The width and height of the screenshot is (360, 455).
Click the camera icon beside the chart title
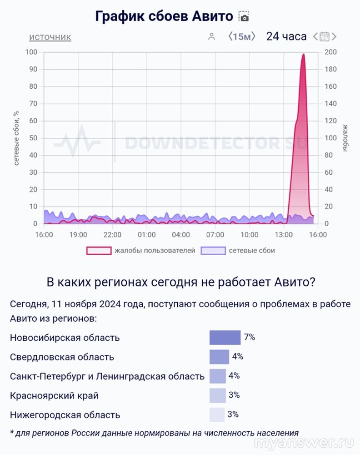pyautogui.click(x=244, y=17)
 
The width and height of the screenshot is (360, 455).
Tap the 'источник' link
pyautogui.click(x=50, y=37)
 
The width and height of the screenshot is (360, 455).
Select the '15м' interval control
pyautogui.click(x=242, y=36)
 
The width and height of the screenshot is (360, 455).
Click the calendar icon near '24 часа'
pyautogui.click(x=325, y=36)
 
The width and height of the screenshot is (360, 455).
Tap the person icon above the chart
pyautogui.click(x=211, y=37)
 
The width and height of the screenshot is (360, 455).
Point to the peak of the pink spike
pyautogui.click(x=303, y=55)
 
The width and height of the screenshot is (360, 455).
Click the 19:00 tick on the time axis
pyautogui.click(x=78, y=235)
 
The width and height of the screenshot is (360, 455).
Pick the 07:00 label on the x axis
pyautogui.click(x=215, y=235)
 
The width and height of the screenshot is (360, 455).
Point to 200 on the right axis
pyautogui.click(x=331, y=52)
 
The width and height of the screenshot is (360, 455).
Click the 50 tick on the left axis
pyautogui.click(x=33, y=138)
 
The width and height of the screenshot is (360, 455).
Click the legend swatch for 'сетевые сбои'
pyautogui.click(x=213, y=250)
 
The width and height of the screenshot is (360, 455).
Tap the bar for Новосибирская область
pyautogui.click(x=225, y=338)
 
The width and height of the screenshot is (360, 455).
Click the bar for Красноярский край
pyautogui.click(x=218, y=395)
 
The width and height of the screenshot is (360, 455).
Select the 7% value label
pyautogui.click(x=250, y=337)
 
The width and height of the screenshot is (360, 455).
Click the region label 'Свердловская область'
pyautogui.click(x=62, y=357)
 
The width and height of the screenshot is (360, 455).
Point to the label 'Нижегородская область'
pyautogui.click(x=65, y=415)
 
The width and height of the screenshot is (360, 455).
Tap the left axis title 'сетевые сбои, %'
pyautogui.click(x=16, y=138)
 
